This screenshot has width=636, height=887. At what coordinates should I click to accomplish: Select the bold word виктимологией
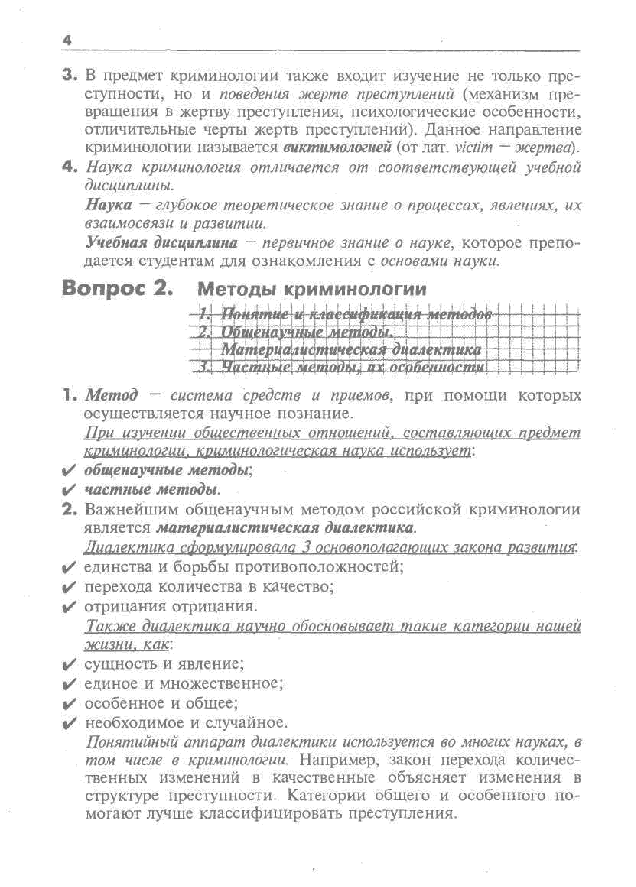(x=337, y=148)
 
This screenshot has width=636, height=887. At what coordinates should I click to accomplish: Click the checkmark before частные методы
(x=69, y=490)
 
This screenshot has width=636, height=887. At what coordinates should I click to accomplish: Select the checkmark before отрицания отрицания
(x=69, y=607)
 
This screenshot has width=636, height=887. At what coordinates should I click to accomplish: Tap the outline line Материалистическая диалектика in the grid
(x=351, y=350)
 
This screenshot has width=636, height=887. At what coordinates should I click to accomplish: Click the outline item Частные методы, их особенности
(x=352, y=367)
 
